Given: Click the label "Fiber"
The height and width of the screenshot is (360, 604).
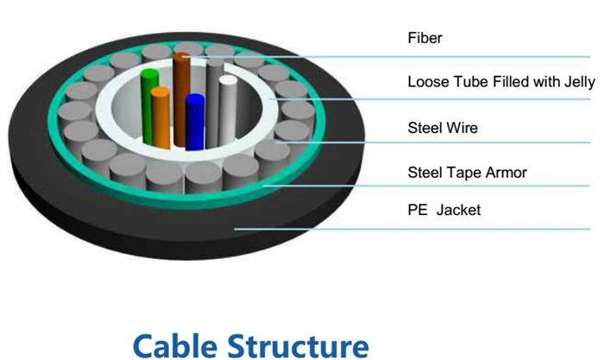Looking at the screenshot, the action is click(425, 38).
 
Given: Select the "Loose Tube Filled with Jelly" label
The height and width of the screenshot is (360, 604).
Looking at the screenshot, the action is click(501, 82).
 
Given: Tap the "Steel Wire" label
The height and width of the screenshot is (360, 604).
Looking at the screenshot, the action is click(443, 128).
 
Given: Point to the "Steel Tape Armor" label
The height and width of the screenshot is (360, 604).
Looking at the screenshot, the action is click(468, 173).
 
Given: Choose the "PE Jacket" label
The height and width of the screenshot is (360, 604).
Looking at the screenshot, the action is click(444, 210).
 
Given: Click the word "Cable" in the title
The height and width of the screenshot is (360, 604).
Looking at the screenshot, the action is click(175, 345).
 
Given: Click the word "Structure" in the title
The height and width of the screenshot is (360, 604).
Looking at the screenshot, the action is click(299, 345).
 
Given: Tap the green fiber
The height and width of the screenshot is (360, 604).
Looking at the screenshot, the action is click(148, 106).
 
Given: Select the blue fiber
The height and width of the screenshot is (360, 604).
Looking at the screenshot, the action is click(195, 122).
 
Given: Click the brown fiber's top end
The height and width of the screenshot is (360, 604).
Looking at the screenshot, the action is click(181, 56).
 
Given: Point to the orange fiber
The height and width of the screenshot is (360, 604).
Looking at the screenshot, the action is click(160, 117).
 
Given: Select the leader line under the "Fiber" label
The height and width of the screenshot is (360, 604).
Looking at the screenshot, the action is click(386, 57).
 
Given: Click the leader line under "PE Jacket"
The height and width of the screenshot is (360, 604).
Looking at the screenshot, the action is click(412, 229).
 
